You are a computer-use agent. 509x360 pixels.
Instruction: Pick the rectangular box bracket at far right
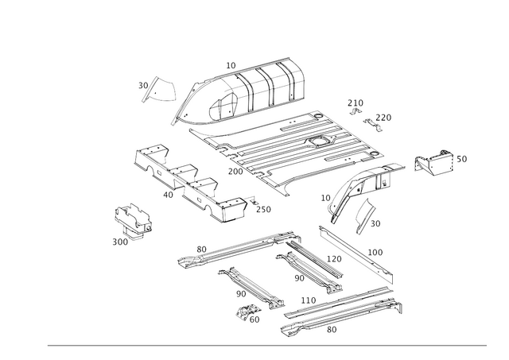(x=436, y=163)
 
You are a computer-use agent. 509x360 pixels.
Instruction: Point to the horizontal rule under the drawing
(x=266, y=343)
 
